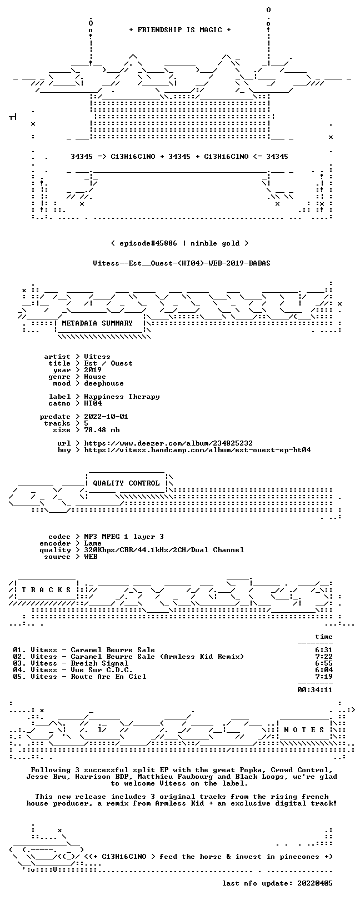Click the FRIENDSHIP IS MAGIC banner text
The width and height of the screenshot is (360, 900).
pyautogui.click(x=179, y=30)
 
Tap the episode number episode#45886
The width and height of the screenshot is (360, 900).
pyautogui.click(x=148, y=243)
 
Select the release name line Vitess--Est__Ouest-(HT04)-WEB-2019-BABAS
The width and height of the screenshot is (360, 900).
pyautogui.click(x=182, y=263)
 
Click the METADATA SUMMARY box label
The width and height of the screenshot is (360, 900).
pyautogui.click(x=97, y=323)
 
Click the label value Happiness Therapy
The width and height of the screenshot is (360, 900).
pyautogui.click(x=122, y=397)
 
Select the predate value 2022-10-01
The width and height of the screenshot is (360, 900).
pyautogui.click(x=106, y=417)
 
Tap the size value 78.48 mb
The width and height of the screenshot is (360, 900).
pyautogui.click(x=102, y=430)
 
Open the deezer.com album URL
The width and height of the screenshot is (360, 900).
pyautogui.click(x=168, y=443)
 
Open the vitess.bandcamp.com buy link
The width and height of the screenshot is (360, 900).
pyautogui.click(x=197, y=450)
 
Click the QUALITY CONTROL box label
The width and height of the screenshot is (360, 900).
pyautogui.click(x=126, y=483)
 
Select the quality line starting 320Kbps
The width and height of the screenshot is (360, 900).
pyautogui.click(x=164, y=550)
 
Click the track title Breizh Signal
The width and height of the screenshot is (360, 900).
pyautogui.click(x=99, y=663)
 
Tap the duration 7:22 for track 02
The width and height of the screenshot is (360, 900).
pyautogui.click(x=324, y=657)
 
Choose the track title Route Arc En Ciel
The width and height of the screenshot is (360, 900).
pyautogui.click(x=108, y=677)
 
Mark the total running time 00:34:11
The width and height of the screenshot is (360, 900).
pyautogui.click(x=315, y=690)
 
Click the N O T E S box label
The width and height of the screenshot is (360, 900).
pyautogui.click(x=304, y=729)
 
